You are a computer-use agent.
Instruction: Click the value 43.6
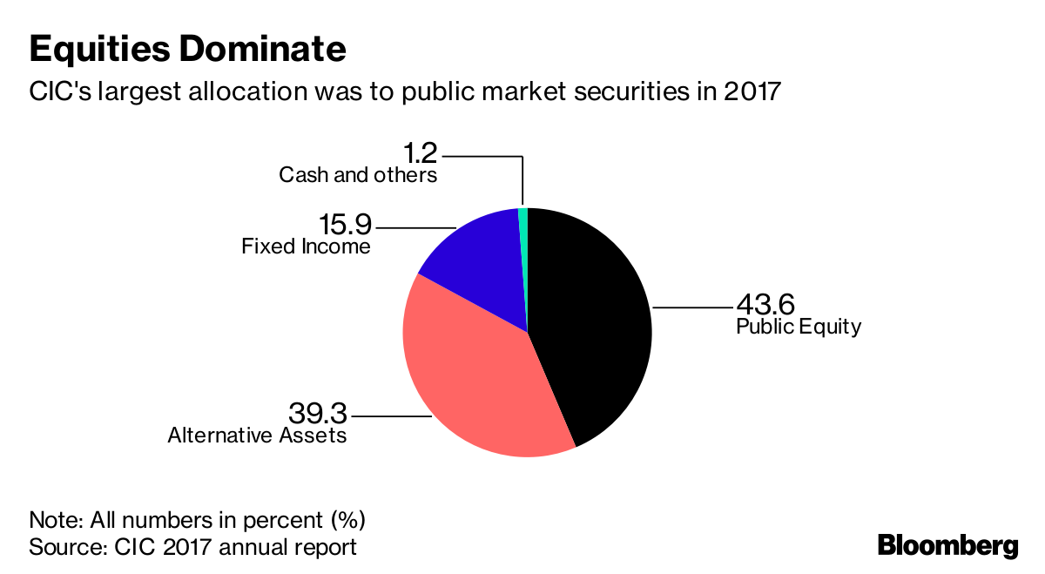[765, 305]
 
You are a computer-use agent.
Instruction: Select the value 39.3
[317, 412]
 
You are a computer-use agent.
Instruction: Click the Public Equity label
[798, 328]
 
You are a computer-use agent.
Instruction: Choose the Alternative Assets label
[257, 435]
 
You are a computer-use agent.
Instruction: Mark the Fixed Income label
[306, 246]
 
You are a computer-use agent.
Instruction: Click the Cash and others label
[357, 175]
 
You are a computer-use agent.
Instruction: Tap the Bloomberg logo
[947, 546]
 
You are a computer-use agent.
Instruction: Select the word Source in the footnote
[59, 547]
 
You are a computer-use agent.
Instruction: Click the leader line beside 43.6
[692, 307]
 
